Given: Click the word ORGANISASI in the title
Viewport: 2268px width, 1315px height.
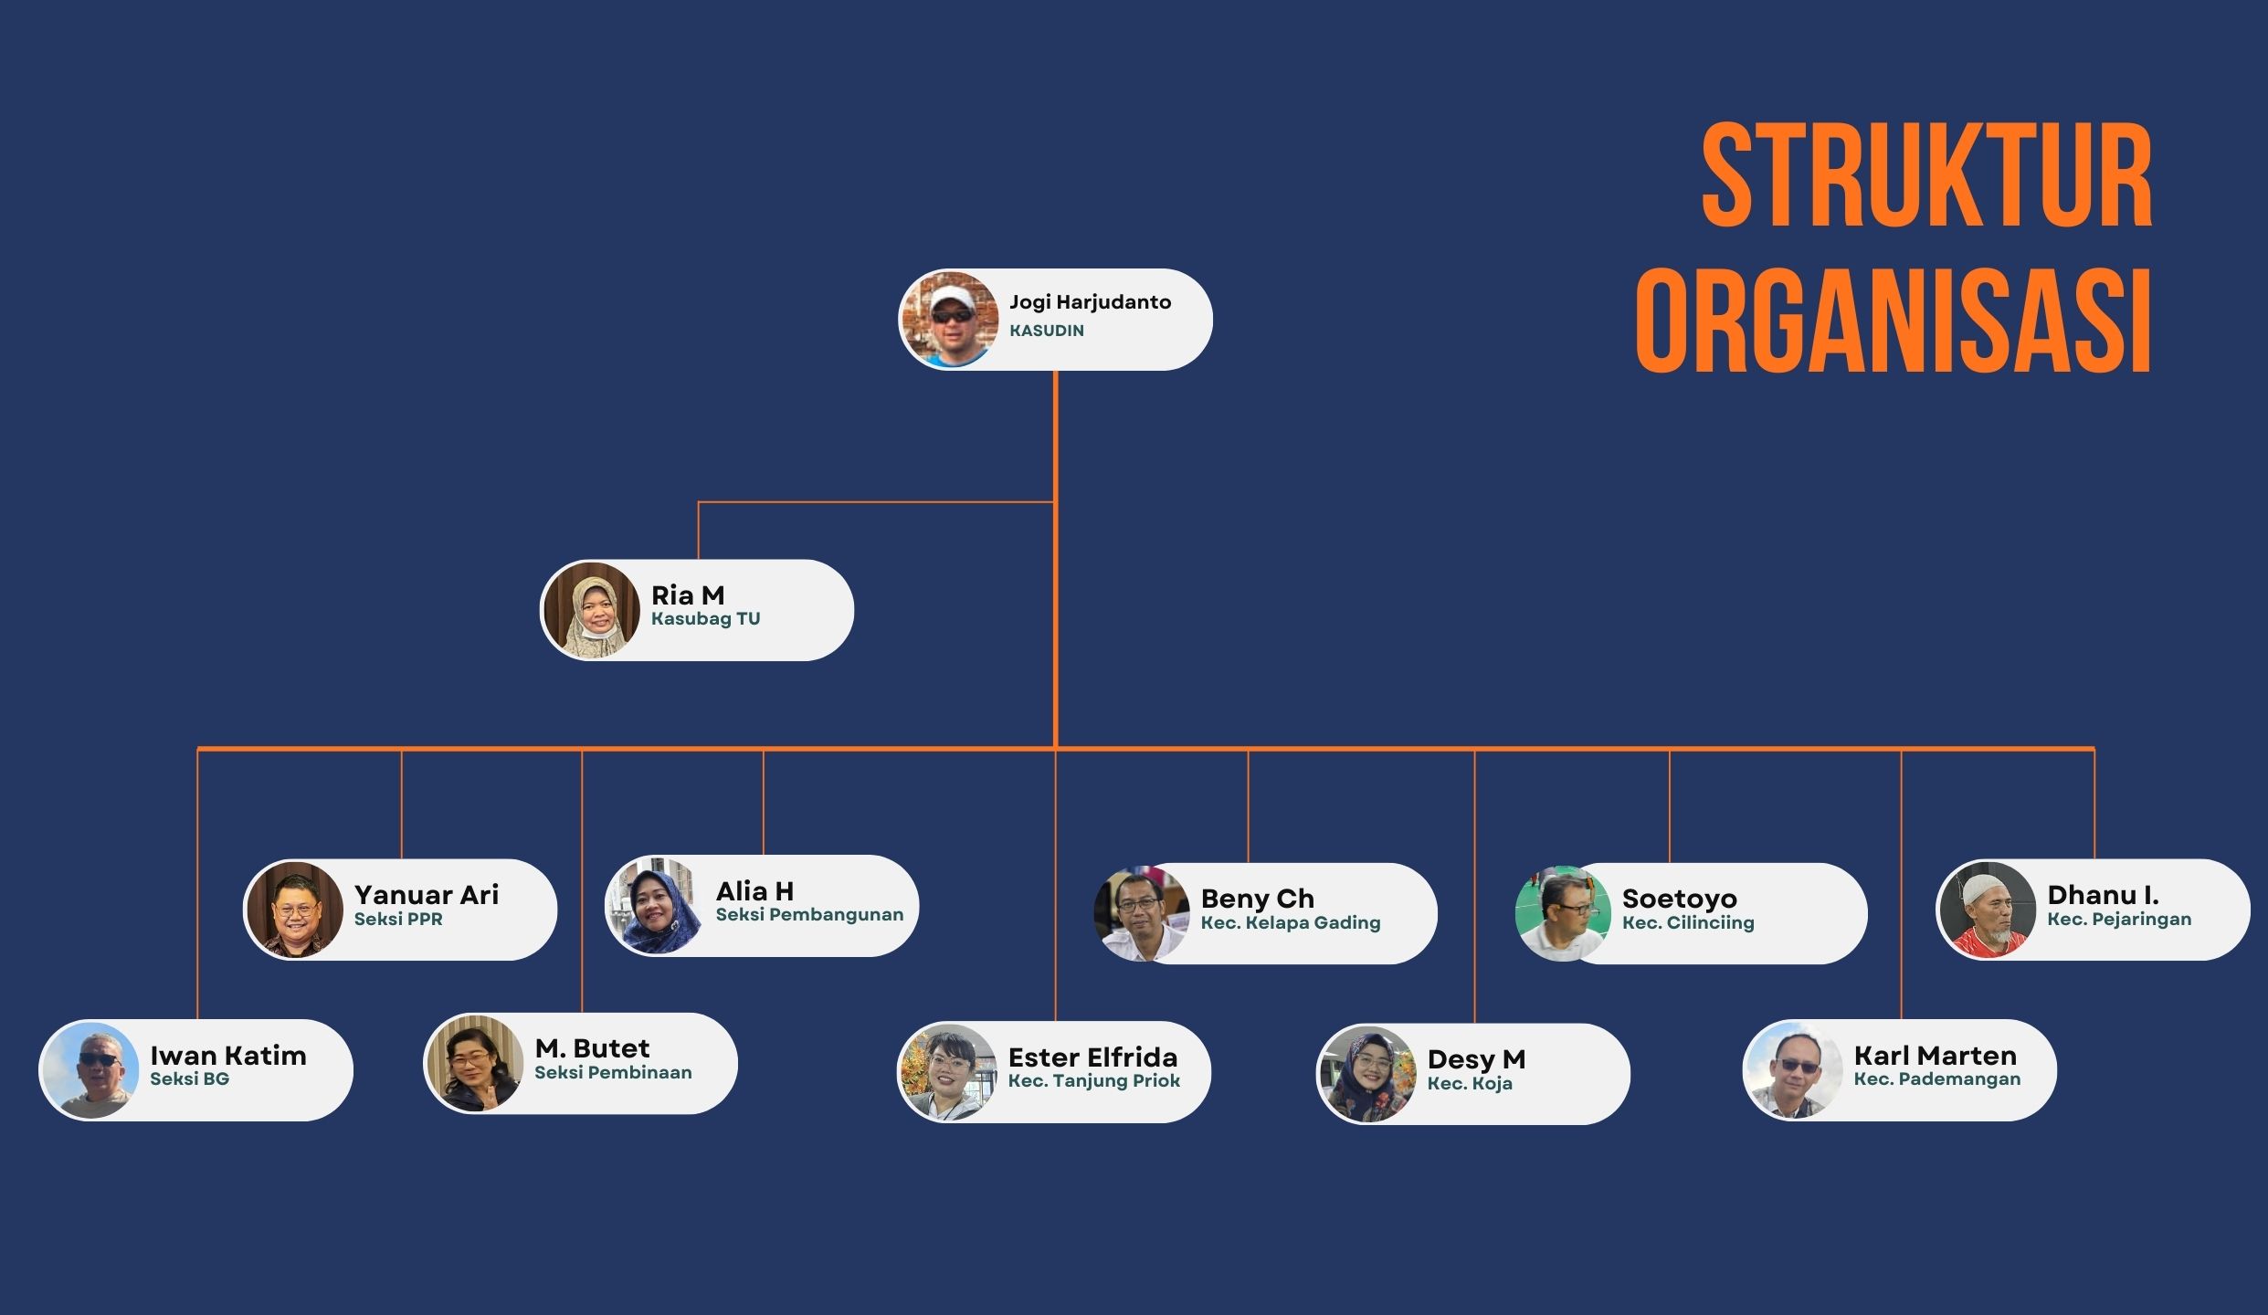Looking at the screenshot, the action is click(x=1894, y=321).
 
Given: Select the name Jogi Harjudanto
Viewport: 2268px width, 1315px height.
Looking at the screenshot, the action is click(x=1090, y=302).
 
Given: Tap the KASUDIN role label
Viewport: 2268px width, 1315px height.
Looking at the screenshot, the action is click(x=1047, y=331).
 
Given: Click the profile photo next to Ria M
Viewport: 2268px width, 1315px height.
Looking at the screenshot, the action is click(x=592, y=610).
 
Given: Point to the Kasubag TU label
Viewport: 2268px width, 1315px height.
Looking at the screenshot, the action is click(x=705, y=619).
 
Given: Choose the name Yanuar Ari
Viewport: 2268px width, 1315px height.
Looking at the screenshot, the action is click(x=427, y=894).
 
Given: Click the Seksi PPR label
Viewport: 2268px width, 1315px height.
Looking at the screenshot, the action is click(x=398, y=919).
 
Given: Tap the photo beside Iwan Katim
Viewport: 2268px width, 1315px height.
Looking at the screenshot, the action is click(x=90, y=1070).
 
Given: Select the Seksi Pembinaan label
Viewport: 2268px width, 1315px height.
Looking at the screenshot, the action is click(x=613, y=1072).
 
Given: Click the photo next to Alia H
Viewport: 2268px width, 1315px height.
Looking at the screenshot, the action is click(x=654, y=906).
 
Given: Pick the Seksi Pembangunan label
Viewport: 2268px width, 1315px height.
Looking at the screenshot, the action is click(x=809, y=914).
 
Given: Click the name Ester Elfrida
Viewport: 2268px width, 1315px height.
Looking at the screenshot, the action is click(x=1092, y=1057).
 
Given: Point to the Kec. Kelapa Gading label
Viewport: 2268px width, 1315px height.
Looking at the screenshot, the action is click(x=1291, y=922).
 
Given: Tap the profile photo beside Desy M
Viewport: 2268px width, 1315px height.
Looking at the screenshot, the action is click(x=1366, y=1074).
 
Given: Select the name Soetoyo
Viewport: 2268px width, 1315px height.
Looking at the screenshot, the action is click(x=1680, y=899).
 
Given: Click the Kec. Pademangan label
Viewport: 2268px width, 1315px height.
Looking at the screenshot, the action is click(x=1937, y=1078).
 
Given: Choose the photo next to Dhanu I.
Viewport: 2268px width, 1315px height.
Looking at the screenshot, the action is click(x=1987, y=910).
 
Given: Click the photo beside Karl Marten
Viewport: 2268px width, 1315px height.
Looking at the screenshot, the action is click(x=1793, y=1070).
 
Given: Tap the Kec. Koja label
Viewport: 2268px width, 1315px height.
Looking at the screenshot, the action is click(x=1470, y=1083).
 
